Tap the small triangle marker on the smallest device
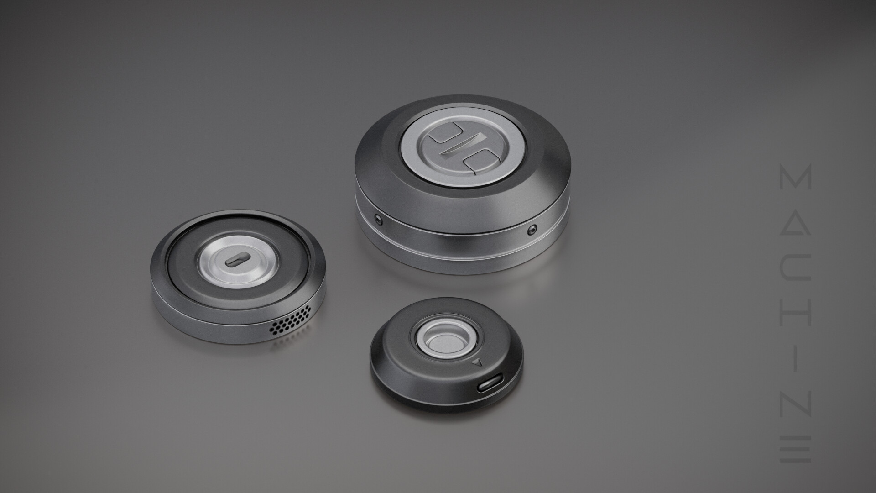coord(478,363)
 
